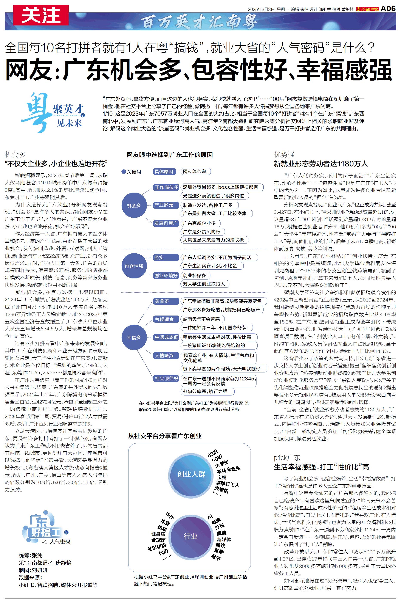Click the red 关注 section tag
pos(41,15)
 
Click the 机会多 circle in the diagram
pos(134,206)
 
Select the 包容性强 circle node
pos(134,266)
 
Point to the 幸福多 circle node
pos(134,337)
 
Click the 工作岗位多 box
pos(166,187)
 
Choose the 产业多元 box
pos(163,205)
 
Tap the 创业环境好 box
pos(166,276)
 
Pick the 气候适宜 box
pos(164,319)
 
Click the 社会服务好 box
pos(166,378)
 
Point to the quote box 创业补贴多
pos(195,276)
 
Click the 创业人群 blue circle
pos(191,474)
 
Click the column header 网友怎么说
pos(195,171)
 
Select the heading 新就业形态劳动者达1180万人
pos(321,164)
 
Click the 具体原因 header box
pos(164,171)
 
